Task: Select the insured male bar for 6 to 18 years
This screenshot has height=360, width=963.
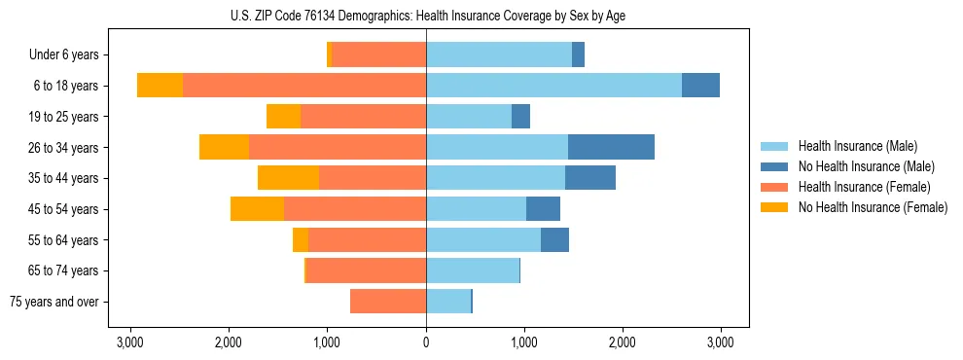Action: pyautogui.click(x=553, y=86)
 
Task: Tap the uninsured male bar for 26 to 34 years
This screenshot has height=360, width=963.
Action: pyautogui.click(x=611, y=147)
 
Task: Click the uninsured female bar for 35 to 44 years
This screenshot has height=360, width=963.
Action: pyautogui.click(x=288, y=178)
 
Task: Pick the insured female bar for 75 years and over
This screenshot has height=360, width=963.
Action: pyautogui.click(x=388, y=302)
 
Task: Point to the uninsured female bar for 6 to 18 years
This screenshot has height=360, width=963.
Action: pyautogui.click(x=160, y=86)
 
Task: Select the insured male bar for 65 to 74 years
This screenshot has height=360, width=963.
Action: pyautogui.click(x=473, y=270)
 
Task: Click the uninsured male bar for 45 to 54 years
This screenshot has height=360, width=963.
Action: pyautogui.click(x=543, y=209)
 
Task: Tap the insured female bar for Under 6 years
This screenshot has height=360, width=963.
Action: pyautogui.click(x=378, y=54)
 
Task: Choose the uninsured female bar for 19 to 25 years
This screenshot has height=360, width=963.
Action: pyautogui.click(x=283, y=117)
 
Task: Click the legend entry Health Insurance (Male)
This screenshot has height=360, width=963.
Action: pyautogui.click(x=857, y=146)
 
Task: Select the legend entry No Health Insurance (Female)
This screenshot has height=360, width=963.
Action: pyautogui.click(x=872, y=207)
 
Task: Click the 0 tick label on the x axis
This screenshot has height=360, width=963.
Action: pyautogui.click(x=426, y=342)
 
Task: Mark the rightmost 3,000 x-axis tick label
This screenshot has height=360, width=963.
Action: pyautogui.click(x=720, y=342)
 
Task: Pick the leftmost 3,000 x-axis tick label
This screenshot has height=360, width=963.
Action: pyautogui.click(x=130, y=342)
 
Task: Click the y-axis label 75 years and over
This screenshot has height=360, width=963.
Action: pyautogui.click(x=54, y=302)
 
